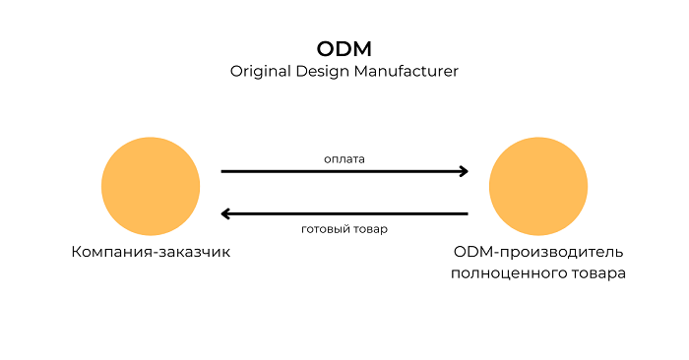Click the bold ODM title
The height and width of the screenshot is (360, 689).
click(x=344, y=48)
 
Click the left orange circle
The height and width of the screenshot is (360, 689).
click(x=151, y=187)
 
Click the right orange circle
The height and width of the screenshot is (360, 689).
click(x=537, y=187)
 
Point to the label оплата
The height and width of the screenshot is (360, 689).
click(x=344, y=157)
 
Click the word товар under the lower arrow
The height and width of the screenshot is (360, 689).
click(x=371, y=229)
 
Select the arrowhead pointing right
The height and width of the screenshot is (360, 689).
click(x=463, y=171)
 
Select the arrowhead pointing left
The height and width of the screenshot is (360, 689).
click(x=226, y=213)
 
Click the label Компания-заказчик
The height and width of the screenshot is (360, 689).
click(x=151, y=252)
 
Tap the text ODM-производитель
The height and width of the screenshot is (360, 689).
click(x=537, y=252)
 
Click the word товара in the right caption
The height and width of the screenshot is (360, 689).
click(x=597, y=273)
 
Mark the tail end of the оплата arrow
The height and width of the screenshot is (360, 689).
click(x=223, y=171)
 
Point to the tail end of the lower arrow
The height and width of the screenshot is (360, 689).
click(x=467, y=213)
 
